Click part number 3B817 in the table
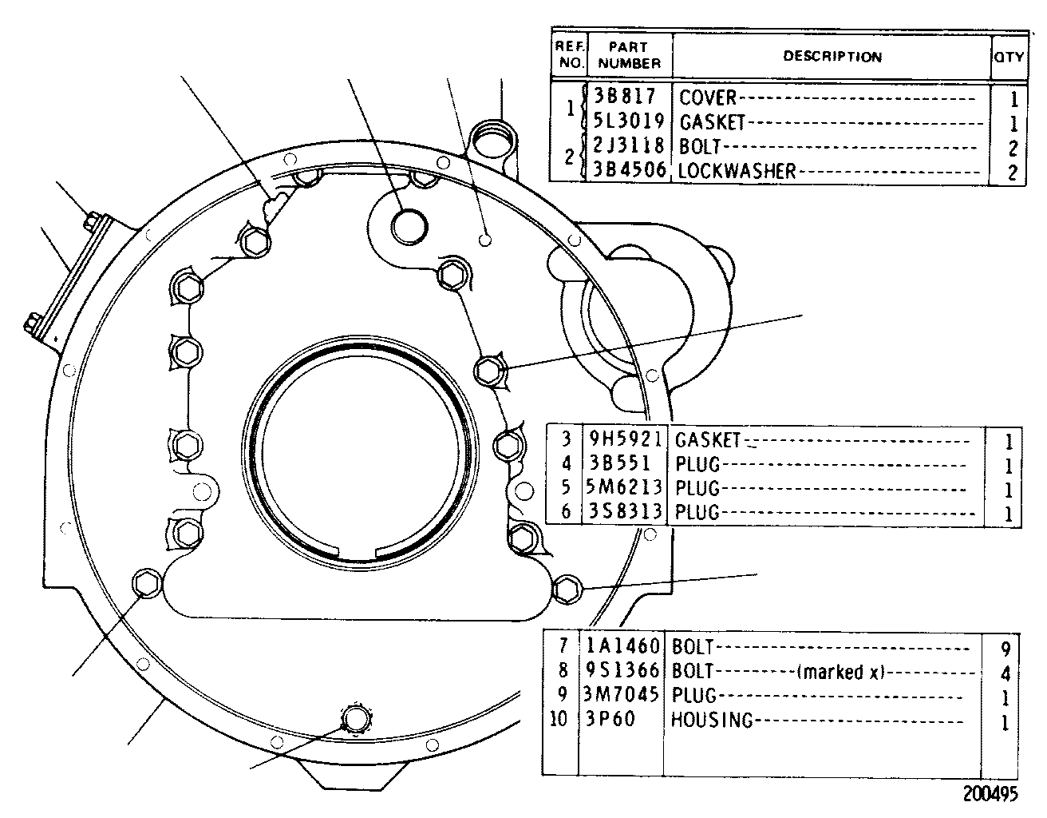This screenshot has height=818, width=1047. (624, 96)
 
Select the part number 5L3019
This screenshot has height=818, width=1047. (628, 121)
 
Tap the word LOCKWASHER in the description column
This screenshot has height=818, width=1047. (737, 171)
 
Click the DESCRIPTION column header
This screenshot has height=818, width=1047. (832, 57)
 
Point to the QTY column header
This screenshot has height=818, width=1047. (1009, 58)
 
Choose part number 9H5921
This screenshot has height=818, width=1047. (626, 439)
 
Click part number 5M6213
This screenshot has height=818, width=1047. (623, 487)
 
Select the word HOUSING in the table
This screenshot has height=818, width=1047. (712, 720)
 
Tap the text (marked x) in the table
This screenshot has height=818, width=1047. (841, 672)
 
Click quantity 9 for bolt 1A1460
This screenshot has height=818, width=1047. (1005, 649)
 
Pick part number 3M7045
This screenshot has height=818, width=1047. (621, 694)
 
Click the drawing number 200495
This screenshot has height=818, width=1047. (990, 794)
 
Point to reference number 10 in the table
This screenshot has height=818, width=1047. (559, 719)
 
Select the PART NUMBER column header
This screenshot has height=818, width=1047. (629, 55)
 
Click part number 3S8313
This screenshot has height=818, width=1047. (626, 511)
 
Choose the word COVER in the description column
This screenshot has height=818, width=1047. (708, 97)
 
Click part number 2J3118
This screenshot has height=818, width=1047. (628, 145)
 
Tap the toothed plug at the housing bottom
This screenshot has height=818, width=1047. (356, 718)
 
